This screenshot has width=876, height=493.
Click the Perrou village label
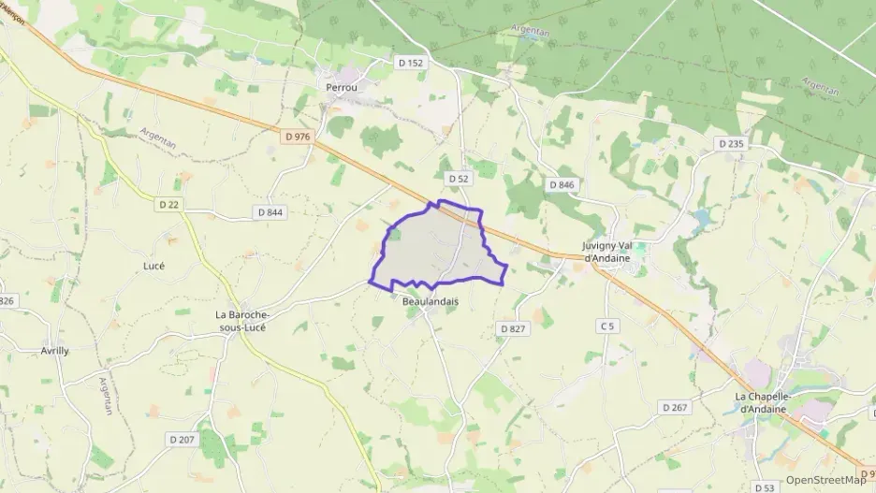pyautogui.click(x=343, y=87)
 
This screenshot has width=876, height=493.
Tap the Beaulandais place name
pyautogui.click(x=431, y=302)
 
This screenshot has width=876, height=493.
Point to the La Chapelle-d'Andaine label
pyautogui.click(x=764, y=402)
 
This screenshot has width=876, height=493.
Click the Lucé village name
pyautogui.click(x=153, y=266)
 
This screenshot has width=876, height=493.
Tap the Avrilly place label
pyautogui.click(x=54, y=351)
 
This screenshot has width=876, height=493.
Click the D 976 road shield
pyautogui.click(x=296, y=137)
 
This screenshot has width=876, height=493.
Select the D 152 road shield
pyautogui.click(x=410, y=63)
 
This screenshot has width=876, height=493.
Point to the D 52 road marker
pyautogui.click(x=458, y=178)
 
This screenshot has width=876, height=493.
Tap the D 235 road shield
pyautogui.click(x=729, y=143)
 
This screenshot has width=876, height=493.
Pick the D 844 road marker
pyautogui.click(x=270, y=212)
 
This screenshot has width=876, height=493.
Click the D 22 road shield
pyautogui.click(x=168, y=205)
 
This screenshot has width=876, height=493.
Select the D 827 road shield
pyautogui.click(x=513, y=328)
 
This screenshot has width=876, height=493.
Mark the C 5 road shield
pyautogui.click(x=608, y=326)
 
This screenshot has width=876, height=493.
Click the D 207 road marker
pyautogui.click(x=182, y=439)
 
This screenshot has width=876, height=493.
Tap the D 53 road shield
pyautogui.click(x=765, y=487)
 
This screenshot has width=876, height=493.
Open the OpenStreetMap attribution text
pyautogui.click(x=825, y=480)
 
